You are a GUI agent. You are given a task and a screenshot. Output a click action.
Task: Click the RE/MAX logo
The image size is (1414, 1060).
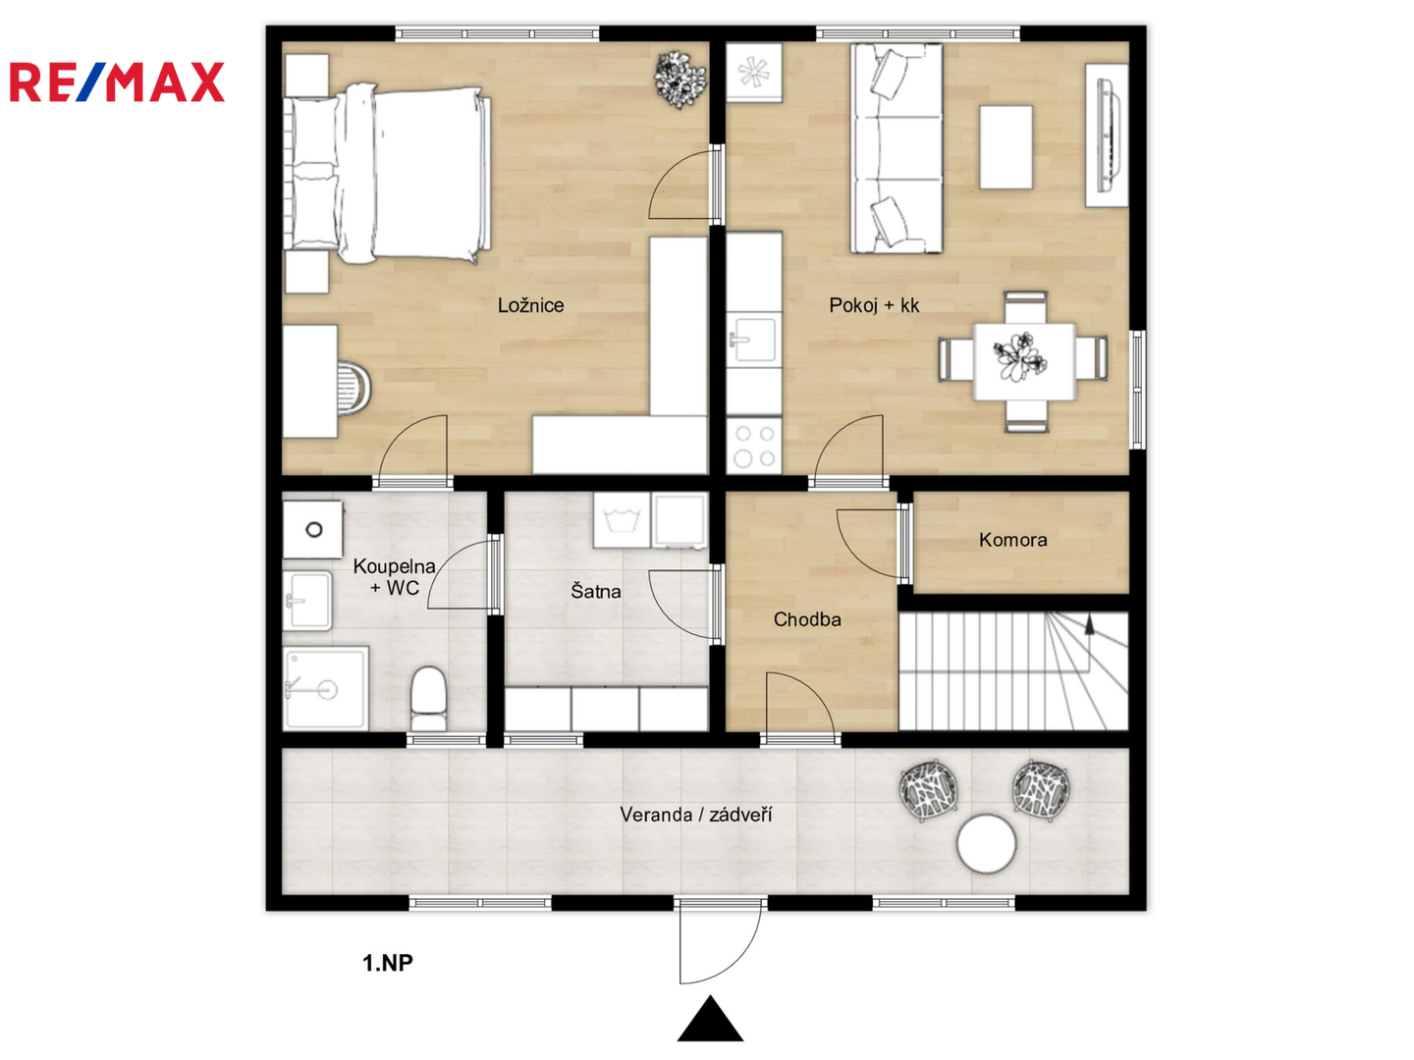117,81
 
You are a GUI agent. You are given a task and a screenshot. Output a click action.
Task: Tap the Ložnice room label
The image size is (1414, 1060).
530,305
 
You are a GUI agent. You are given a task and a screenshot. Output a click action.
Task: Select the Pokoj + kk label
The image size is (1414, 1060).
874,305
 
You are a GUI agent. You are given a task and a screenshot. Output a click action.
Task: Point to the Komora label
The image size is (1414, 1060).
1012,540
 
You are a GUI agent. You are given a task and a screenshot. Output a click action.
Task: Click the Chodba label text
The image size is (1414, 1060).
807,619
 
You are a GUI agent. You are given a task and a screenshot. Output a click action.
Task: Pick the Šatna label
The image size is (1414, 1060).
596,590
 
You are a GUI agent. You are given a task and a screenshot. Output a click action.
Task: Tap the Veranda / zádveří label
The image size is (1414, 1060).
696,815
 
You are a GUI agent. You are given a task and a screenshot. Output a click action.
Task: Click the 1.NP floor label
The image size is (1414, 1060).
388,963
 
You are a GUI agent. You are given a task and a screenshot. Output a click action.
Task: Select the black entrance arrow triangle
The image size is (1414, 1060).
710,1019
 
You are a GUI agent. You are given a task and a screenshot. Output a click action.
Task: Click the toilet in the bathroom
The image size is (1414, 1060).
429,698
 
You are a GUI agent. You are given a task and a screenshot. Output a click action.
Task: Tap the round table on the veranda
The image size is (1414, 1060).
986,844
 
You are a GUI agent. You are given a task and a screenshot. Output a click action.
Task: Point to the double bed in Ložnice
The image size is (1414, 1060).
388,174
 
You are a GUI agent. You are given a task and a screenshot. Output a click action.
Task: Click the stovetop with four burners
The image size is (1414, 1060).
754,446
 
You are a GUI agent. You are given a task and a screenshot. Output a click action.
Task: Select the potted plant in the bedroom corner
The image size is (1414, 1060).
680,79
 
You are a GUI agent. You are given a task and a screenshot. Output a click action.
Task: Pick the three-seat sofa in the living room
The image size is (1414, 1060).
897,148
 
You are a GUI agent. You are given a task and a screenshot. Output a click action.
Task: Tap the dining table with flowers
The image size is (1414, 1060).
1023,362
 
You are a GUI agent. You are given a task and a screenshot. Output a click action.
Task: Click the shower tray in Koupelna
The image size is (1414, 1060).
326,689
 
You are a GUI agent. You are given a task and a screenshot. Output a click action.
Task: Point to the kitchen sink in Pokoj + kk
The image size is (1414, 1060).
754,340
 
